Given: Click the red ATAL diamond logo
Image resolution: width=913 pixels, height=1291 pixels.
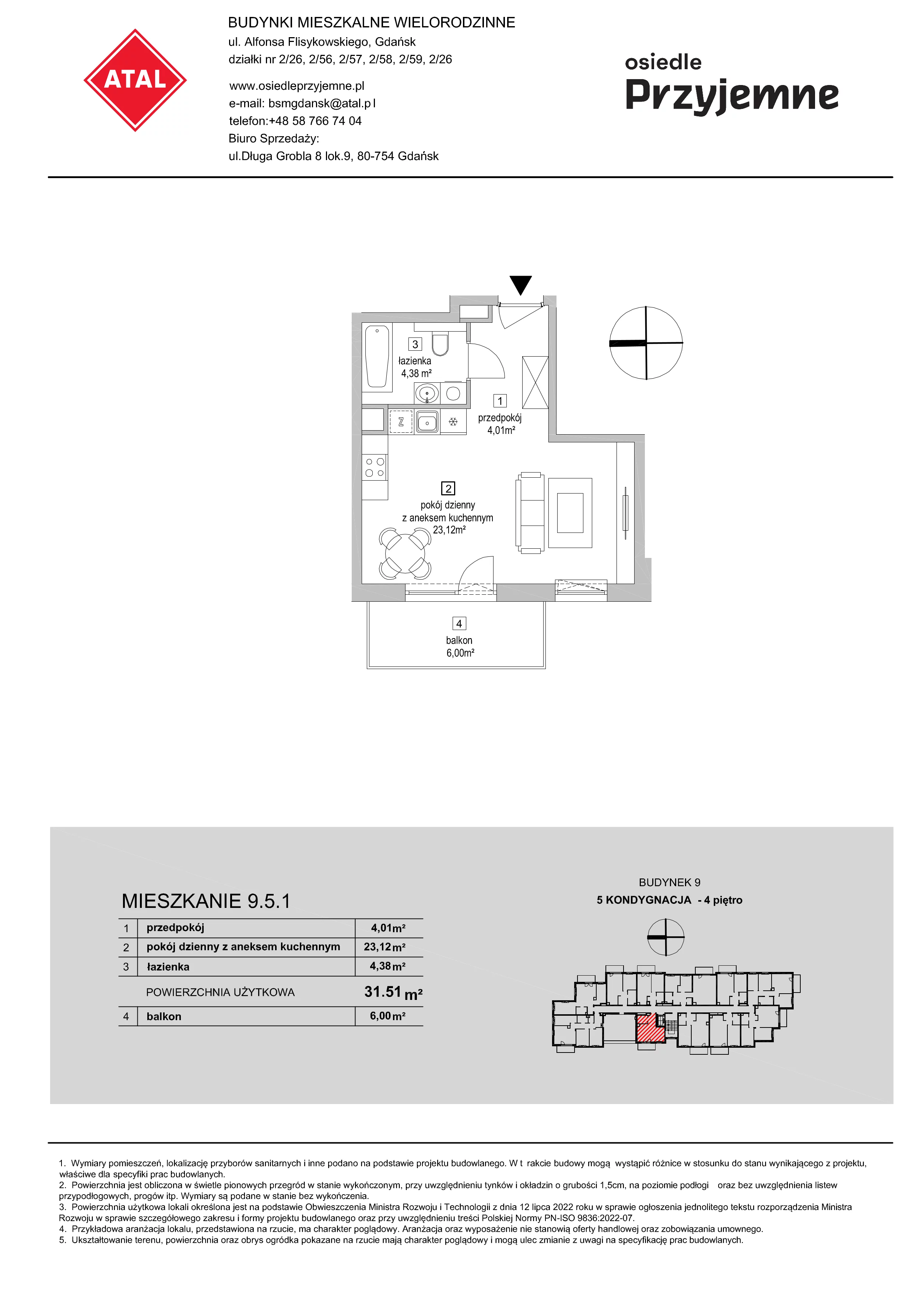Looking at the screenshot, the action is pyautogui.click(x=135, y=80).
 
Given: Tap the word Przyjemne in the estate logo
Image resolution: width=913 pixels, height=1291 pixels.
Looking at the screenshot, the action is pyautogui.click(x=732, y=96).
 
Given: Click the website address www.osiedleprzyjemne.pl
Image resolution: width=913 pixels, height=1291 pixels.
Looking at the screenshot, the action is pyautogui.click(x=296, y=86).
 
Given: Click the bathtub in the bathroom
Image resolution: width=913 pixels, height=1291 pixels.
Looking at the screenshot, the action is pyautogui.click(x=377, y=357).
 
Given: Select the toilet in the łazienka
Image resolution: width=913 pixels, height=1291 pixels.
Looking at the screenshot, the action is pyautogui.click(x=440, y=344).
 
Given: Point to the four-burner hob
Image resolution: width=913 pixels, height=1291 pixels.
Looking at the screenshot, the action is pyautogui.click(x=375, y=467).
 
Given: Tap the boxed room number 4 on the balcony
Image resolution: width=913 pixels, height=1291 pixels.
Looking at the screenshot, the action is pyautogui.click(x=459, y=623).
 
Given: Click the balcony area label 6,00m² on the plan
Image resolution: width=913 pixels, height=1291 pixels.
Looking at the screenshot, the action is pyautogui.click(x=460, y=653).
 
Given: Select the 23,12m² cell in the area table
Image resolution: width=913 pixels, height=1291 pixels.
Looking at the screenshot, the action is pyautogui.click(x=385, y=947).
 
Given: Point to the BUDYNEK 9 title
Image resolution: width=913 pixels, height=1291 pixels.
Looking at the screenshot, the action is pyautogui.click(x=670, y=883).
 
